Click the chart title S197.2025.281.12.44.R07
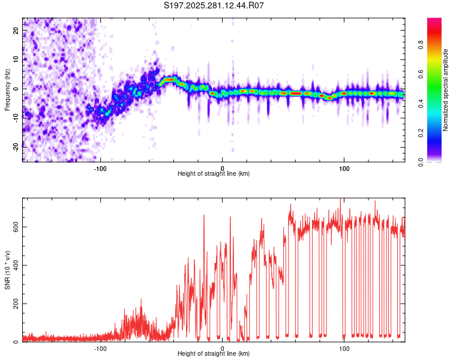coord(214,5)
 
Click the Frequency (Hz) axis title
coord(7,90)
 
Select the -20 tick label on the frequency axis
coord(16,147)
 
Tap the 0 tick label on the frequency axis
coord(16,89)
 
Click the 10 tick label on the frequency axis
coord(16,59)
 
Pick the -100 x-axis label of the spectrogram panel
coord(100,169)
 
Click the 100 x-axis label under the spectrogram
coord(344,169)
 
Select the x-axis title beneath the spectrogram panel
coord(214,173)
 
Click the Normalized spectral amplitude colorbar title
coord(445,90)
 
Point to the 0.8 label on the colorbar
coord(421,45)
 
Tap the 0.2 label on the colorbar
coord(421,133)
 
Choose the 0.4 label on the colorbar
coord(421,104)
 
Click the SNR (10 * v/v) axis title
coord(7,270)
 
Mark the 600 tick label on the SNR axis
coord(16,227)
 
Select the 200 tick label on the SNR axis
coord(16,304)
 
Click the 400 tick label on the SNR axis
coord(16,265)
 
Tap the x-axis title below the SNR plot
coord(214,353)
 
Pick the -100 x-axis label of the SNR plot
coord(100,349)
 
